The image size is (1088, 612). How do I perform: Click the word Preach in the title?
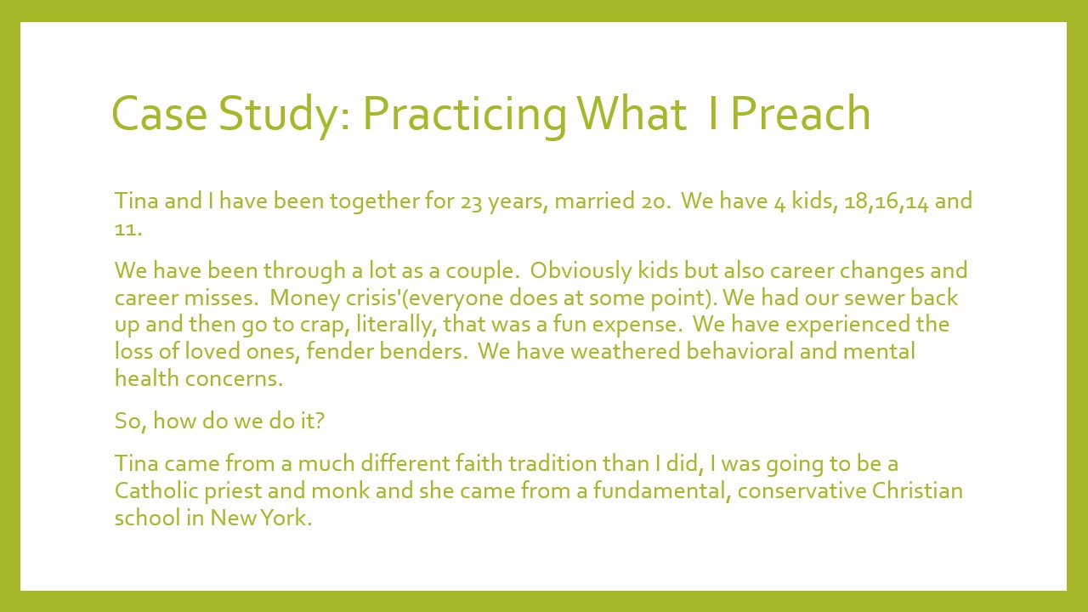tap(801, 113)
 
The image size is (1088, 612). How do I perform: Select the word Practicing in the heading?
tap(464, 116)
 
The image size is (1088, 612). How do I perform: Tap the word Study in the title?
tap(278, 116)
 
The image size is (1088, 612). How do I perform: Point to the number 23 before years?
tap(471, 202)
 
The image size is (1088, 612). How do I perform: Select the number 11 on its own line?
tap(125, 229)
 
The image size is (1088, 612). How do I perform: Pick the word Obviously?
tap(581, 271)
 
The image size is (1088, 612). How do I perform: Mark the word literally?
tap(394, 325)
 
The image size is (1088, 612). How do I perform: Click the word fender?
tap(339, 351)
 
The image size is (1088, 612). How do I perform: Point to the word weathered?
tap(625, 351)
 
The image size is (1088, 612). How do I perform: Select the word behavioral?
tap(739, 351)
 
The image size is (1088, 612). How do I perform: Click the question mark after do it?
tap(319, 421)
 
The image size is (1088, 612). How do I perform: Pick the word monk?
tap(340, 490)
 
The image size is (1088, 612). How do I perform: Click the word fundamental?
tap(661, 490)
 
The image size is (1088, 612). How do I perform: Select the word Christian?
tap(917, 490)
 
